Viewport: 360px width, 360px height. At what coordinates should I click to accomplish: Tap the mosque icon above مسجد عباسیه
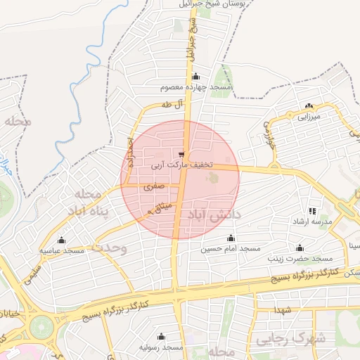[61, 240]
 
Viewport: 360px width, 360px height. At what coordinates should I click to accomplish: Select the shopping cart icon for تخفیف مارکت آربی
[182, 155]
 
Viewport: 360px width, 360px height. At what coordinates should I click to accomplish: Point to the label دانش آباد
[211, 212]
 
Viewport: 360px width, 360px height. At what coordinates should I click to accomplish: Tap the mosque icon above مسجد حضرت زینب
[300, 247]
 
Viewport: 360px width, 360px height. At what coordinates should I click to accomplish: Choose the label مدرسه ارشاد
[312, 222]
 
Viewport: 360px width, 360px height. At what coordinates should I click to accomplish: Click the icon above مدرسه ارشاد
[312, 211]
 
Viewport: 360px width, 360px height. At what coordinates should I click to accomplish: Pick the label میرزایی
[308, 116]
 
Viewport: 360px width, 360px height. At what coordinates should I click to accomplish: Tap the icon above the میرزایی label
[308, 106]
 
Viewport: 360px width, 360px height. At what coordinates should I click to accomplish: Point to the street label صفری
[154, 187]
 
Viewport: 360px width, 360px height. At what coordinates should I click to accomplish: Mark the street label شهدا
[283, 309]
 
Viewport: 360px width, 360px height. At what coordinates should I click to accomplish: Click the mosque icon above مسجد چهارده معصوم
[195, 77]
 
